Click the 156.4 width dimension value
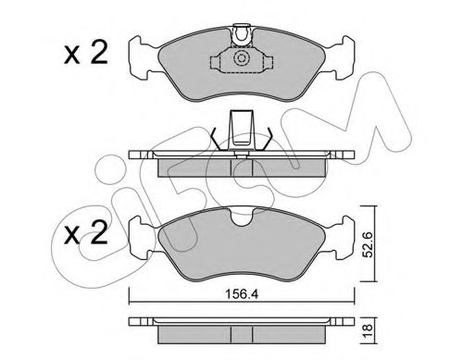point(241,294)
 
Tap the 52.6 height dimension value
point(368,243)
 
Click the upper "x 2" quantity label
point(86,53)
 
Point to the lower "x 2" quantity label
point(86,232)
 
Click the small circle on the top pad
point(241,58)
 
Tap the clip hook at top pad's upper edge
point(242,34)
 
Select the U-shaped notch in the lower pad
point(242,217)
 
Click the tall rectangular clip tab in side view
point(241,130)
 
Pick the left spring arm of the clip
point(217,139)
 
